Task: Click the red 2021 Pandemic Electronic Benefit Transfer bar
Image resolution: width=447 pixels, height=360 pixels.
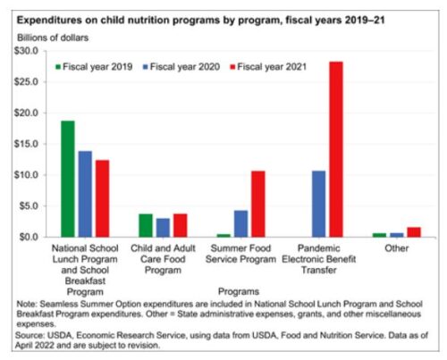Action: [x=336, y=149]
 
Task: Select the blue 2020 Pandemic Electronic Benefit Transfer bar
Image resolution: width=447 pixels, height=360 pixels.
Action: [x=318, y=204]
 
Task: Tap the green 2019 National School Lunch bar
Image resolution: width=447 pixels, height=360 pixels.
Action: [x=68, y=179]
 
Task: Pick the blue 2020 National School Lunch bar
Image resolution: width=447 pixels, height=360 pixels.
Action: [x=85, y=194]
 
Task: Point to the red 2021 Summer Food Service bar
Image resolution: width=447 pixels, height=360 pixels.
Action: [x=258, y=204]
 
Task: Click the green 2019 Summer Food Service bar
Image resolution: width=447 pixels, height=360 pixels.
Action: [x=223, y=236]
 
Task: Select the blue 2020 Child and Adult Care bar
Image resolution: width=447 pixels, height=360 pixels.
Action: [x=163, y=228]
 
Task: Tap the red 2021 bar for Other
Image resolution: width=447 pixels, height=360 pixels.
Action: [x=414, y=232]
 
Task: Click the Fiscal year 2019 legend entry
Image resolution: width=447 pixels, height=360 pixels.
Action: [x=94, y=67]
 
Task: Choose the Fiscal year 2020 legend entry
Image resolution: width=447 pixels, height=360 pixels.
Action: [x=181, y=67]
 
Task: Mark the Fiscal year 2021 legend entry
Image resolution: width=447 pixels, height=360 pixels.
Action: [x=268, y=67]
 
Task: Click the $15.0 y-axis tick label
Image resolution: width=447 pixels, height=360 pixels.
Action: [x=27, y=144]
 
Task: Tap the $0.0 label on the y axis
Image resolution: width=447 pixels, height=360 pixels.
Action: [x=29, y=237]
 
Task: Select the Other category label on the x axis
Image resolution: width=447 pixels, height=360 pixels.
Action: [x=396, y=248]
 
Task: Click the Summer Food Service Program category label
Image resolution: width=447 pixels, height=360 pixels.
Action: [x=240, y=254]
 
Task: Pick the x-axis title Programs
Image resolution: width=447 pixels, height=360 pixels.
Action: [x=239, y=291]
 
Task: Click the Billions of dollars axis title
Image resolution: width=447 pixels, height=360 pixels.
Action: [x=53, y=38]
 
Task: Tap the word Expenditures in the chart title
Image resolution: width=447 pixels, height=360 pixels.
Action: [x=49, y=21]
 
